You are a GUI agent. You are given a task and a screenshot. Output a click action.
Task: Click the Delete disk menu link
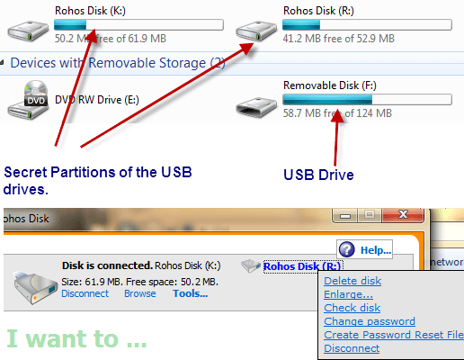point(352,281)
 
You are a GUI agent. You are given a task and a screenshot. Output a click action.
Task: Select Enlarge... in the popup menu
point(348,294)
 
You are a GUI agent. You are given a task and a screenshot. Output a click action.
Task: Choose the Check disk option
point(352,308)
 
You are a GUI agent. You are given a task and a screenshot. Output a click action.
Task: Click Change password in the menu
point(370,321)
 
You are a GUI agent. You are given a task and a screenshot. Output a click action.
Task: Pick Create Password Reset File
point(394,335)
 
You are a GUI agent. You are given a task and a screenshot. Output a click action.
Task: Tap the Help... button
point(364,249)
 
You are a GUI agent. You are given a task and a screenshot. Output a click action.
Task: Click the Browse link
point(140,293)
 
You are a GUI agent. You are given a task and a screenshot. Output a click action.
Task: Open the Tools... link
point(191,293)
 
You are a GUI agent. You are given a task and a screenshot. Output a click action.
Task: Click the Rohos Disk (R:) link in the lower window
point(302,266)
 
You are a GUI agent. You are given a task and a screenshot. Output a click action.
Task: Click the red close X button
point(403,214)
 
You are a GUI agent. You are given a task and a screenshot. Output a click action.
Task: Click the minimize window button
point(344,215)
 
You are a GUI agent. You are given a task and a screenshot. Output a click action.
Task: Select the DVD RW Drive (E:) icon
point(28,100)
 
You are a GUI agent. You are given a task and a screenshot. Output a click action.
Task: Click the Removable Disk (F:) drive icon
point(256,107)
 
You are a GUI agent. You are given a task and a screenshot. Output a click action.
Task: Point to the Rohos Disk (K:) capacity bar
point(138,24)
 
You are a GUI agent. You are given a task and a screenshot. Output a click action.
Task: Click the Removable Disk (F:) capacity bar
point(367,99)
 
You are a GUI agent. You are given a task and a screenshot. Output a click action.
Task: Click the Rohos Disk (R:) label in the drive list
point(318,11)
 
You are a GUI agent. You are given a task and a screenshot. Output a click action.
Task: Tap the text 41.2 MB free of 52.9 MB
point(339,39)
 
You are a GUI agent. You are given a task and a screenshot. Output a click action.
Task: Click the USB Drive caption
point(318,175)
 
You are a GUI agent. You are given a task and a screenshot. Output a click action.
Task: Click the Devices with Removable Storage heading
point(118,63)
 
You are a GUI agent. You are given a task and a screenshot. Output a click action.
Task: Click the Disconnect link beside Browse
point(85,293)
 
